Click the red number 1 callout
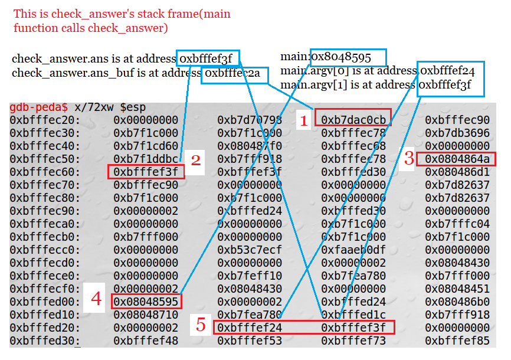point(304,122)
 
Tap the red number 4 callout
point(96,300)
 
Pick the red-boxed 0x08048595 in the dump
point(146,301)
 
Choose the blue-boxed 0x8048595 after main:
point(348,57)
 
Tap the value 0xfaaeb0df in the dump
point(353,250)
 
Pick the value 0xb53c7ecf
point(249,250)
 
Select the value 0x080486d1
point(457,172)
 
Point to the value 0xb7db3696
point(457,133)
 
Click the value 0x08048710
point(146,315)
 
